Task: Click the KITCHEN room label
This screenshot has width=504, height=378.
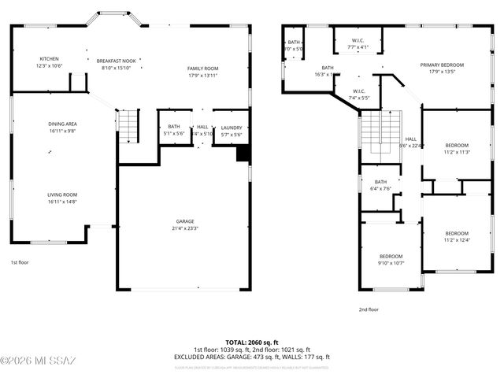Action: coord(50,59)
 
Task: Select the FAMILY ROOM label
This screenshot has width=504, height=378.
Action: coord(202,69)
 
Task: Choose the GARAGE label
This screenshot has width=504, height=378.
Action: coord(185,221)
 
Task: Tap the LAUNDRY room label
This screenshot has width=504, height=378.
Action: coord(231,128)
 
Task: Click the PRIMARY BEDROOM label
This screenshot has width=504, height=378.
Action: coord(441,65)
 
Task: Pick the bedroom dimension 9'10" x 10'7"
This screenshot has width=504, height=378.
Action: coord(391,262)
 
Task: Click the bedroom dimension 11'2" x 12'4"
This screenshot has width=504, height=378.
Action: coord(457,239)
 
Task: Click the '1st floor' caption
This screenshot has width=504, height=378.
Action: coord(20,261)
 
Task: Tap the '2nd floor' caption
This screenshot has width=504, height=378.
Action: coord(369,309)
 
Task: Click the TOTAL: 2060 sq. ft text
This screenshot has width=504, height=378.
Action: coord(252,341)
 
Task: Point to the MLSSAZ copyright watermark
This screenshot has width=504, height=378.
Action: coord(38,361)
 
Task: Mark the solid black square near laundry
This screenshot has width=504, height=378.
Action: coord(243,155)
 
